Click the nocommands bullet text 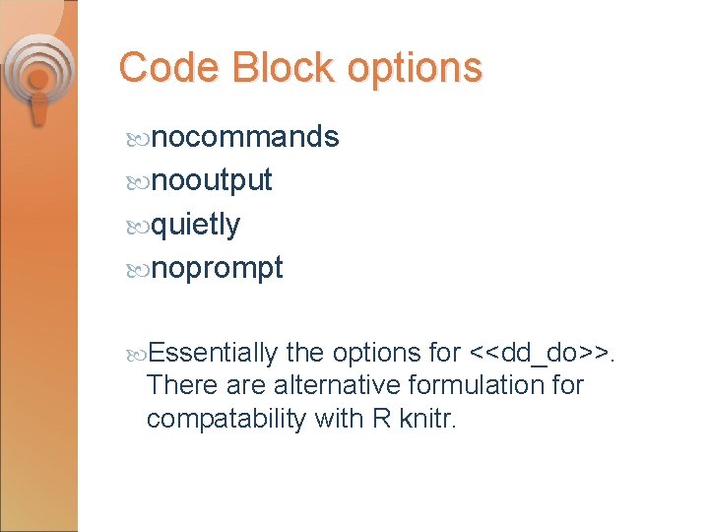pos(245,137)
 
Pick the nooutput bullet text pos(212,180)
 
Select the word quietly pos(196,225)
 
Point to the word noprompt pos(218,268)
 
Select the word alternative pos(336,384)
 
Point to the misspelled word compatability pos(226,419)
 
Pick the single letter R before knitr pos(380,419)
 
